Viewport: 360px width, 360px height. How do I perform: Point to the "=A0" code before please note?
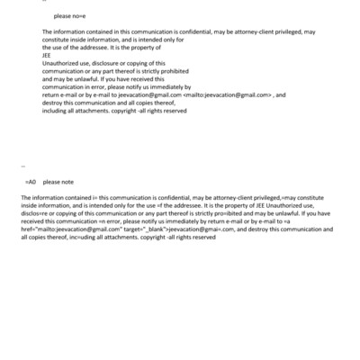(31, 181)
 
